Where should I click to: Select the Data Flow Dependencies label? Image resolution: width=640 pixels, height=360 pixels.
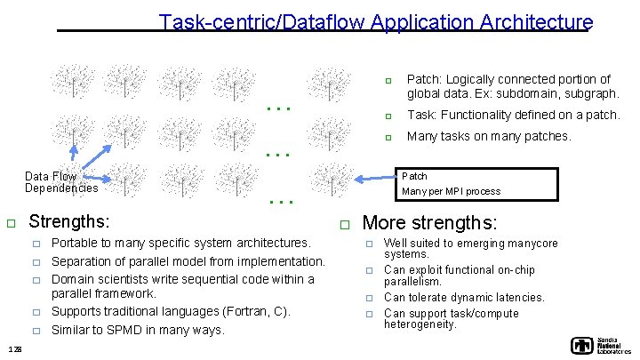tap(60, 182)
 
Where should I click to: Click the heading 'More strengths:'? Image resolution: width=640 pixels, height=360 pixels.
tap(430, 222)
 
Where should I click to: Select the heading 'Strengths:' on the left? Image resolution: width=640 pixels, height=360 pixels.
tap(70, 221)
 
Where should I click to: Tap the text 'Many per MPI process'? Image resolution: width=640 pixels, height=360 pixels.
tap(452, 191)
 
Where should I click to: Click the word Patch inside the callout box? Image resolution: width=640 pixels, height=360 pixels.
tap(415, 176)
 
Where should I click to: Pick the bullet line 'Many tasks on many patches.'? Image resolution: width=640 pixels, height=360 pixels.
tap(489, 137)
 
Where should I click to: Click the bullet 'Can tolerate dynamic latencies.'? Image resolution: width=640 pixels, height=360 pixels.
tap(464, 298)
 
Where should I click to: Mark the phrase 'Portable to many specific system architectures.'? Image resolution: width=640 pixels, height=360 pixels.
tap(181, 243)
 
